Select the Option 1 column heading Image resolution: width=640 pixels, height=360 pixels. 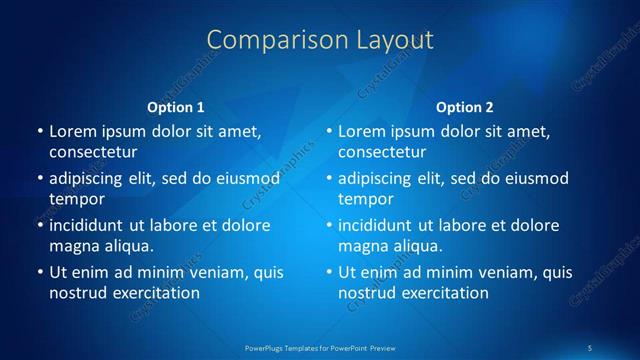(x=175, y=107)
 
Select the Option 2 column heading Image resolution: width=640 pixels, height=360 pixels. (x=465, y=107)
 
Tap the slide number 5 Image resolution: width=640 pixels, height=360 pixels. (x=591, y=347)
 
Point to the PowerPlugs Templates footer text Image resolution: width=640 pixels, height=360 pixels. (x=319, y=347)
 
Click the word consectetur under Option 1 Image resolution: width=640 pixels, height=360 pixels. (x=93, y=152)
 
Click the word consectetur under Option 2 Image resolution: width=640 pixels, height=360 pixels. (x=382, y=152)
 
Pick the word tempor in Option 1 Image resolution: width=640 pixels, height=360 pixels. (x=75, y=198)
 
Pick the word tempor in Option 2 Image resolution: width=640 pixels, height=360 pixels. (x=364, y=198)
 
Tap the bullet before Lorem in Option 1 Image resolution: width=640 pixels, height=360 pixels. (x=39, y=132)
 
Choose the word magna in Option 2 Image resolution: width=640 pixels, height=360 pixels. (x=362, y=245)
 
